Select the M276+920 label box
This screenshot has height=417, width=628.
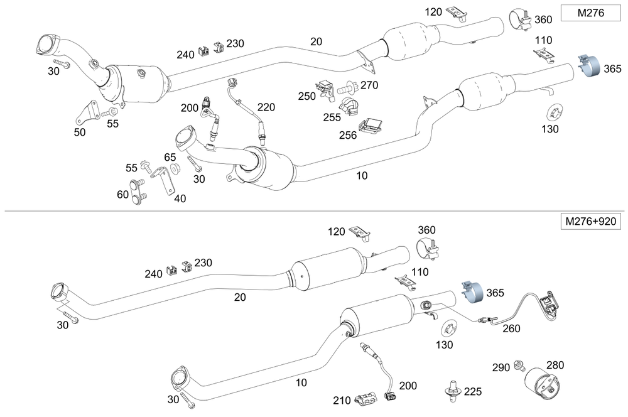click(x=588, y=222)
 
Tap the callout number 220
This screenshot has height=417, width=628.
click(x=266, y=107)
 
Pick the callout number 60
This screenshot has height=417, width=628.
click(x=123, y=195)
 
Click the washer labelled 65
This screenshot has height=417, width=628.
click(x=176, y=168)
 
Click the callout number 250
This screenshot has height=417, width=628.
click(x=307, y=95)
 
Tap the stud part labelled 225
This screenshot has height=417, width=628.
click(x=451, y=390)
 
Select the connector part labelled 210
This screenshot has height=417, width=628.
click(x=364, y=398)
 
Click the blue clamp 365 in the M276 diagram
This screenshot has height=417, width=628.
click(x=589, y=66)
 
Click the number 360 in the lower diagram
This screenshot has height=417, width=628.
click(x=426, y=230)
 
